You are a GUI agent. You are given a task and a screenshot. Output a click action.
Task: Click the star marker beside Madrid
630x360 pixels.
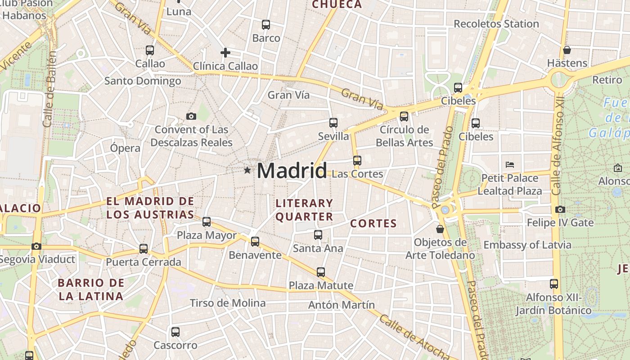(x=247, y=170)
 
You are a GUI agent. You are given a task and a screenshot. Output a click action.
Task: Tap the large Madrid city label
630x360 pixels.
(x=292, y=171)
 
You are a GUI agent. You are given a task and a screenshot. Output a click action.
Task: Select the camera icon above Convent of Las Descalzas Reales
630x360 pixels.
(x=191, y=117)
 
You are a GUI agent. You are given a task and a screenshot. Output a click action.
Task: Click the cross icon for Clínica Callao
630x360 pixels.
(x=225, y=53)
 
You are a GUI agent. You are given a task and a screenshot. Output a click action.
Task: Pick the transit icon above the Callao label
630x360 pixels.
(x=150, y=50)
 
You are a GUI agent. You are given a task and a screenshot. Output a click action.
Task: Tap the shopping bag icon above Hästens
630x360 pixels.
(x=567, y=49)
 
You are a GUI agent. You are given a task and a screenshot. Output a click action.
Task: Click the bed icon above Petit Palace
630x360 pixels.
(x=510, y=164)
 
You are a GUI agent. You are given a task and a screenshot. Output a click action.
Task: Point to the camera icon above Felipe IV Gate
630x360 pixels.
(x=560, y=209)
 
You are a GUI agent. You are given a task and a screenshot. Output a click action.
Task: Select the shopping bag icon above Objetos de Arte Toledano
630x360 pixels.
(x=440, y=229)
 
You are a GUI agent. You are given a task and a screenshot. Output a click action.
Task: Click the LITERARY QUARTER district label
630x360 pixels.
(x=304, y=210)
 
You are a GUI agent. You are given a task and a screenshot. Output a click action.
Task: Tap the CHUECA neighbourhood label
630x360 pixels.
(x=337, y=4)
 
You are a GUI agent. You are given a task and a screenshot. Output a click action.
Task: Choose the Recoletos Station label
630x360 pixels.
(x=496, y=24)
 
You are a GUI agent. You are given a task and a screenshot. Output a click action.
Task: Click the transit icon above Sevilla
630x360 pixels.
(x=333, y=122)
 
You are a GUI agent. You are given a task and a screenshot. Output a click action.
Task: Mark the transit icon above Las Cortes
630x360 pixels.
(x=357, y=160)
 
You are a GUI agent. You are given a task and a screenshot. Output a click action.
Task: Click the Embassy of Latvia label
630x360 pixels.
(x=527, y=245)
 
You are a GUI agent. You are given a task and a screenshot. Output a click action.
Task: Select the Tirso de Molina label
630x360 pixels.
(x=228, y=303)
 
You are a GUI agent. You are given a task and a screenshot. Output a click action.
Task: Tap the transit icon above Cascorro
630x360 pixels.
(x=175, y=332)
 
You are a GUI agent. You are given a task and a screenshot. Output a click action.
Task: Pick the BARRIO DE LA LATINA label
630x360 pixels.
(x=91, y=289)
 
